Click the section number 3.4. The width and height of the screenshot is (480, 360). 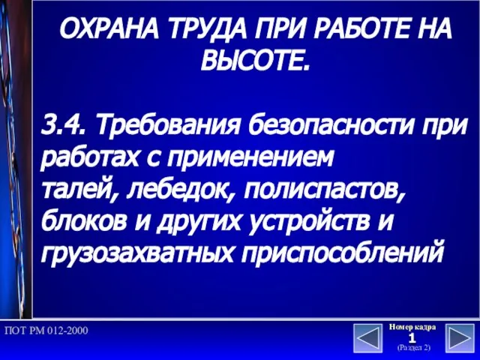click(x=62, y=126)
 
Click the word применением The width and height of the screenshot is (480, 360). click(x=249, y=158)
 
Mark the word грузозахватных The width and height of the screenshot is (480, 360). click(x=137, y=253)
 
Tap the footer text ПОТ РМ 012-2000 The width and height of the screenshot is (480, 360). click(x=46, y=331)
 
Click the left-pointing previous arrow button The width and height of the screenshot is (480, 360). click(x=368, y=338)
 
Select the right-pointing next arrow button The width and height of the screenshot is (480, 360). click(x=460, y=338)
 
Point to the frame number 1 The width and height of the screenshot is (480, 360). click(x=412, y=338)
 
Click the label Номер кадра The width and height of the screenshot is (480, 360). click(x=412, y=327)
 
